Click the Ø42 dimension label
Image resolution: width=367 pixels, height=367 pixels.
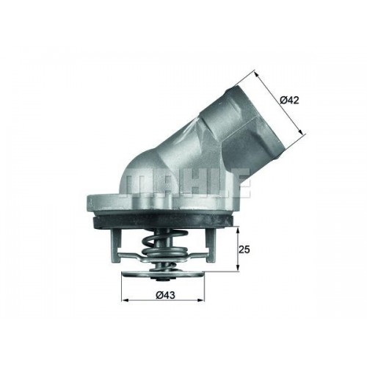pos(289,100)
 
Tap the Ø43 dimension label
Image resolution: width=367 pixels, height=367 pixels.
pos(166,295)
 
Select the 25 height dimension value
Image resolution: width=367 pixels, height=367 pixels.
pos(244,250)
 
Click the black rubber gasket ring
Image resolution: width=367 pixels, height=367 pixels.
pos(164,219)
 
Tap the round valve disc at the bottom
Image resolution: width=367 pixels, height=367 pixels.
pos(163,275)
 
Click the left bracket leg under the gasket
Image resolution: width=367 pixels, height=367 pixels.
pos(117,245)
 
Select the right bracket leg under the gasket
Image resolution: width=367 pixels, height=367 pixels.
pos(211,244)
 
